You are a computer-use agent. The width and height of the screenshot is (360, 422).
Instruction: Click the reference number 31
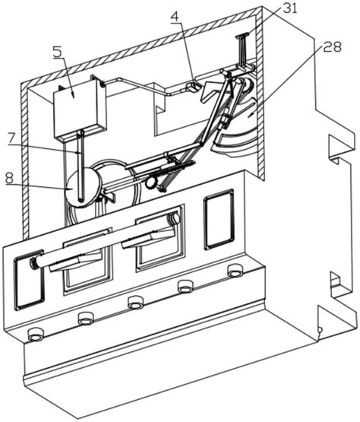click(x=289, y=8)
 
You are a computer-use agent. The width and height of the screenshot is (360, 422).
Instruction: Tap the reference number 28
click(x=332, y=46)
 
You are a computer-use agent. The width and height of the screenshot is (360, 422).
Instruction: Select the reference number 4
click(x=175, y=17)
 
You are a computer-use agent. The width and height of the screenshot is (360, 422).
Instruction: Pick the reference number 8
click(x=9, y=178)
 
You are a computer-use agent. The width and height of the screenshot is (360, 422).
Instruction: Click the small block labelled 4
click(x=193, y=87)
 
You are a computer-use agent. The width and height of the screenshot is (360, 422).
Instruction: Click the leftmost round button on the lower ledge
click(x=36, y=335)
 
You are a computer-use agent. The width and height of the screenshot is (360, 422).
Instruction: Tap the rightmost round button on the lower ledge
click(x=235, y=270)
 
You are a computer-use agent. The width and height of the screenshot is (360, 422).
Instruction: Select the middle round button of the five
click(x=136, y=302)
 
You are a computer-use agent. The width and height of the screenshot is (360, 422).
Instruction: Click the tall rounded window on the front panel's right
click(x=219, y=219)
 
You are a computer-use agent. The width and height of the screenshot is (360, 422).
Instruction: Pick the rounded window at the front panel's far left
click(x=29, y=280)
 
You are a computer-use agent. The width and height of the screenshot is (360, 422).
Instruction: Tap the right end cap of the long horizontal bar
click(x=173, y=218)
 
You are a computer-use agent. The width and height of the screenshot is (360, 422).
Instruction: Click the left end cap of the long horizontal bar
click(x=33, y=263)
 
